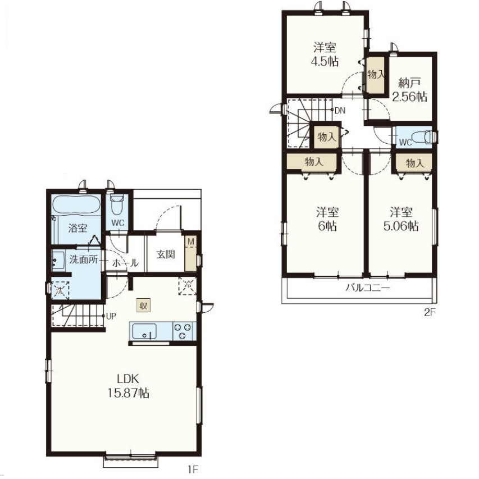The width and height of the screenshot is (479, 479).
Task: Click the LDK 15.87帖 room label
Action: pyautogui.click(x=128, y=386)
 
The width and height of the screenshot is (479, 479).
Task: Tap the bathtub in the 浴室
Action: pyautogui.click(x=76, y=204)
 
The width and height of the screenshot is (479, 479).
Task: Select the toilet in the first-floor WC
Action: pyautogui.click(x=117, y=204)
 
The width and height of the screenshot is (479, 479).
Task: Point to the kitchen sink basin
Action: pyautogui.click(x=144, y=331)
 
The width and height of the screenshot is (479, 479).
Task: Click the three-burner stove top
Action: pyautogui.click(x=183, y=331)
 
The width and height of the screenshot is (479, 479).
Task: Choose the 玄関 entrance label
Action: pyautogui.click(x=166, y=254)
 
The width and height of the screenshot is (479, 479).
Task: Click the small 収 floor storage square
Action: pyautogui.click(x=143, y=305)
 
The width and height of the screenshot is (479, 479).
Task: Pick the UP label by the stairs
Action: pyautogui.click(x=111, y=316)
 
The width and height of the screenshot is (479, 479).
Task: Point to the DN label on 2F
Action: pyautogui.click(x=340, y=110)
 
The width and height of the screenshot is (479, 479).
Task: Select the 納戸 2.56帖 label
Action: pyautogui.click(x=410, y=89)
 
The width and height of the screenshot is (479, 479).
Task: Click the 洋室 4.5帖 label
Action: pyautogui.click(x=325, y=54)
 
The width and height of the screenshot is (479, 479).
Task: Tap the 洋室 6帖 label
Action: pyautogui.click(x=327, y=219)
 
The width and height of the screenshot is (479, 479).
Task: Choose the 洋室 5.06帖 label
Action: pyautogui.click(x=401, y=219)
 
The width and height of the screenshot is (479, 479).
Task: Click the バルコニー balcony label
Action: pyautogui.click(x=368, y=288)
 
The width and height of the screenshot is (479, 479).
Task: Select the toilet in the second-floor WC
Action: pyautogui.click(x=422, y=136)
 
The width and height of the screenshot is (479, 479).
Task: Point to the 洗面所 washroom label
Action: pyautogui.click(x=84, y=259)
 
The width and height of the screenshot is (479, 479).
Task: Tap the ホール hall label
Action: pyautogui.click(x=125, y=263)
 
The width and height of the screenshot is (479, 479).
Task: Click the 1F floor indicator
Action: pyautogui.click(x=193, y=469)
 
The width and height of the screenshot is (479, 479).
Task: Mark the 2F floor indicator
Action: pyautogui.click(x=429, y=313)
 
